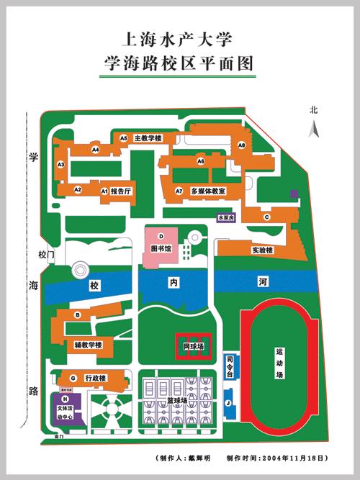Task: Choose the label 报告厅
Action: (121, 191)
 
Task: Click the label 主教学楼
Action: (148, 137)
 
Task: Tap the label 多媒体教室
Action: (209, 191)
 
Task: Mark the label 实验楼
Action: (262, 250)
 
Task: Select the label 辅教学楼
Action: (89, 345)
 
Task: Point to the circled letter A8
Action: (242, 145)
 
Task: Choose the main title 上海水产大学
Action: (179, 38)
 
